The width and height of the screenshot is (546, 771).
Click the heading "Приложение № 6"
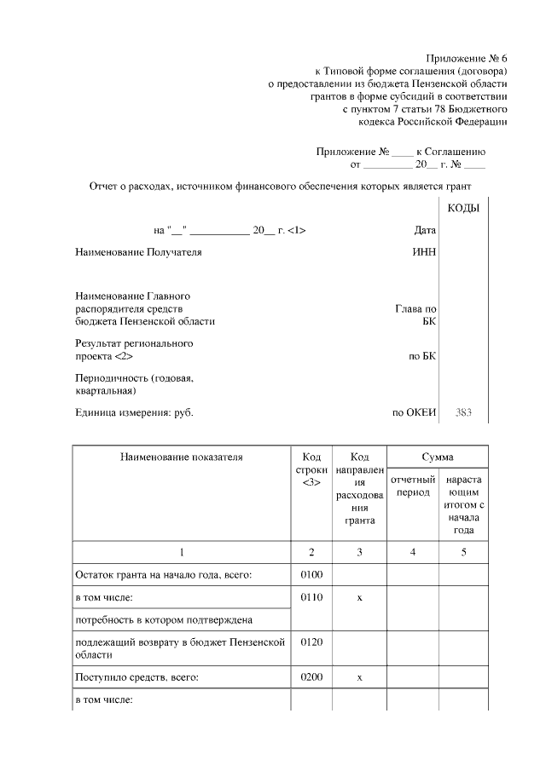[468, 57]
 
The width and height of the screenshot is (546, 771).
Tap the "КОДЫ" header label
[463, 209]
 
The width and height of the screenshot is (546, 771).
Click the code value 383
[463, 413]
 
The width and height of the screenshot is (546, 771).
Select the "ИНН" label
[424, 252]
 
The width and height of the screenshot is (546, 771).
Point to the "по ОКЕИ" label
[414, 413]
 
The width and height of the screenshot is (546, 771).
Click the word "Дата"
[424, 230]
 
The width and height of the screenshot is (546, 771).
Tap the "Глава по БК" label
[417, 315]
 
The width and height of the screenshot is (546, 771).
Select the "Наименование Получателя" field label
[139, 252]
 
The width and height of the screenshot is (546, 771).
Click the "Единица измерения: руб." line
[134, 413]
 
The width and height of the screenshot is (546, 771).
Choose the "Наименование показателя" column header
[181, 457]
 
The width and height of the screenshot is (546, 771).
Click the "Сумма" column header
[437, 457]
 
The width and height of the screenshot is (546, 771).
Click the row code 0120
[311, 642]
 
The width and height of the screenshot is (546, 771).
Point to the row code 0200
[311, 677]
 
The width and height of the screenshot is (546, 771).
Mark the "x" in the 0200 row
[359, 677]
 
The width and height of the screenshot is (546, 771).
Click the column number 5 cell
[463, 552]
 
